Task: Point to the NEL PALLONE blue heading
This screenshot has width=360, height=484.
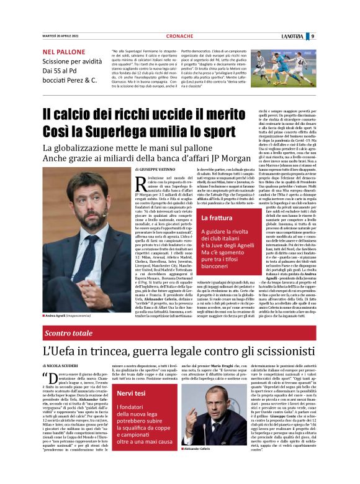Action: (x=62, y=52)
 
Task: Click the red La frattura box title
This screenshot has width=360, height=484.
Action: (x=216, y=218)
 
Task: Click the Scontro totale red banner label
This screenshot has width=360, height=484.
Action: (x=69, y=334)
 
